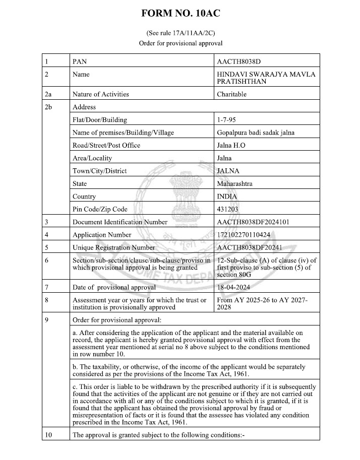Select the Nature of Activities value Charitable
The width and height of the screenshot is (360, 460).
coord(231,94)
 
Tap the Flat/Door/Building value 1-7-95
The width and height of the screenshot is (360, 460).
coord(225,120)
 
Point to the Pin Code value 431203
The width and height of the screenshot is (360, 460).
coord(227,209)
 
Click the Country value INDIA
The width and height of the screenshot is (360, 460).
coord(227,196)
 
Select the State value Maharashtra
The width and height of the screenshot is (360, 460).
coord(234,184)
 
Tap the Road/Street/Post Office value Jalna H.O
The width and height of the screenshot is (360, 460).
coord(231,146)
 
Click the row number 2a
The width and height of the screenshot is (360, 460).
coord(48,94)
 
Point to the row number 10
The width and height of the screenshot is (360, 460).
coord(48,434)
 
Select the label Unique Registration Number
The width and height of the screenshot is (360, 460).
coord(114,247)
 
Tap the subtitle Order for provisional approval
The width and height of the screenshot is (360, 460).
coord(180,43)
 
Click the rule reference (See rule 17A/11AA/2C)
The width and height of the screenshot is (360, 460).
coord(180,33)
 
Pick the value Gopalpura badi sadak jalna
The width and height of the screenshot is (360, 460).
coord(255,133)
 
